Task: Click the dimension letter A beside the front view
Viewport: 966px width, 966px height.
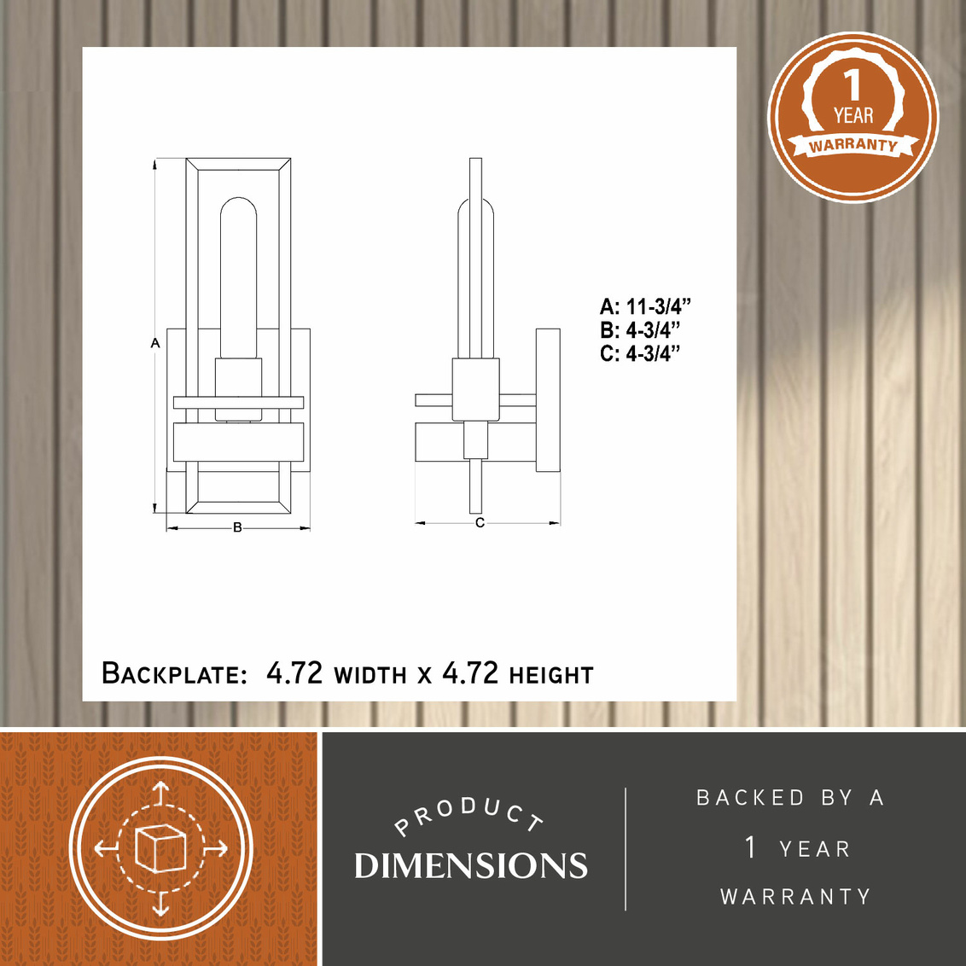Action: [x=155, y=342]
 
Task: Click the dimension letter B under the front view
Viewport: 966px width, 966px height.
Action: [x=237, y=528]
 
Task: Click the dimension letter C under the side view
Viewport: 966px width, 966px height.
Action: [x=480, y=523]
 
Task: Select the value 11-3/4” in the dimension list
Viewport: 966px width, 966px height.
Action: [x=659, y=306]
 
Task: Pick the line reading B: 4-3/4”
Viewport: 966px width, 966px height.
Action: [x=640, y=330]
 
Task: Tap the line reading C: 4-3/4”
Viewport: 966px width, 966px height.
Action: [x=640, y=353]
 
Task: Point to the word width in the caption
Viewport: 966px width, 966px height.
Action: [x=370, y=676]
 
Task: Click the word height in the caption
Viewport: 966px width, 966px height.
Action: [x=550, y=676]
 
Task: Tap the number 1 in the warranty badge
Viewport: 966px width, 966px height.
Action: [x=852, y=85]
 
